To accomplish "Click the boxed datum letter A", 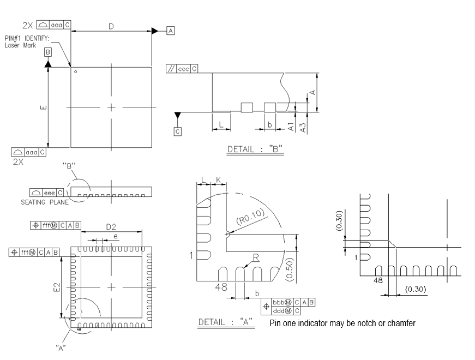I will (171, 31).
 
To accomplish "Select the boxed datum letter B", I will (48, 52).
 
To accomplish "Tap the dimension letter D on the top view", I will (111, 26).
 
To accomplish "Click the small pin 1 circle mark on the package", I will (76, 71).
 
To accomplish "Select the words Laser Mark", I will (20, 46).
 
